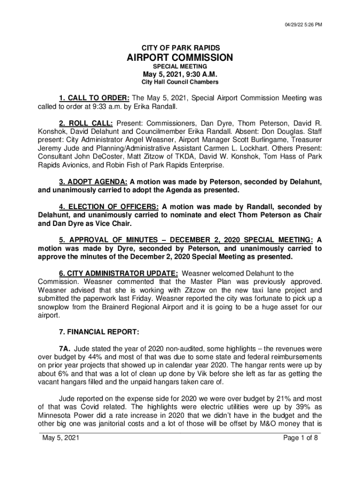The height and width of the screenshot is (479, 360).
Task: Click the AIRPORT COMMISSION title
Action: [x=180, y=58]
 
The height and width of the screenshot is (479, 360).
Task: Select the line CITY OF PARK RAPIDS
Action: [x=180, y=48]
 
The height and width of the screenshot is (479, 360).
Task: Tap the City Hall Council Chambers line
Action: [x=180, y=82]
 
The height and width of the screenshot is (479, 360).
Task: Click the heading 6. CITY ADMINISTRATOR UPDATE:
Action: [x=118, y=273]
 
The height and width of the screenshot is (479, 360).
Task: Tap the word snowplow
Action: [x=54, y=307]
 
